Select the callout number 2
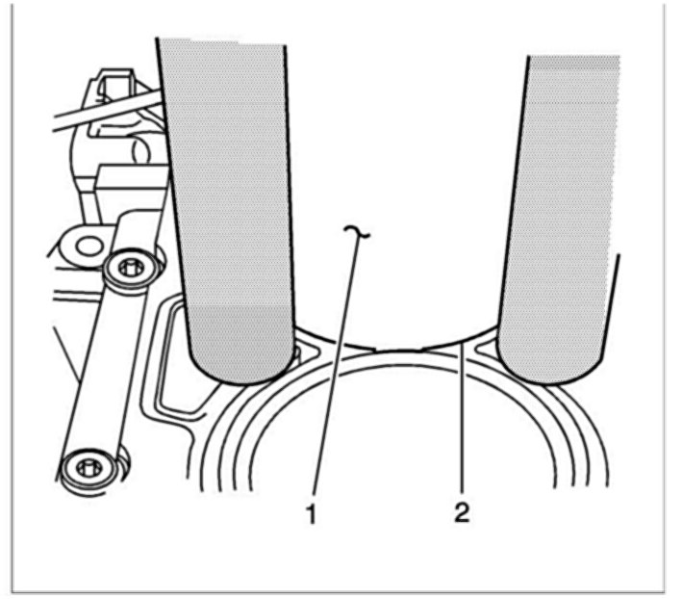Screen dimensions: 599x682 (x=463, y=513)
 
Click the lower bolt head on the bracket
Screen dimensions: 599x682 (x=88, y=469)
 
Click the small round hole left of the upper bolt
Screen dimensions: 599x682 (x=88, y=247)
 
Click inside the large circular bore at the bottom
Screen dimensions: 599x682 (x=404, y=453)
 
